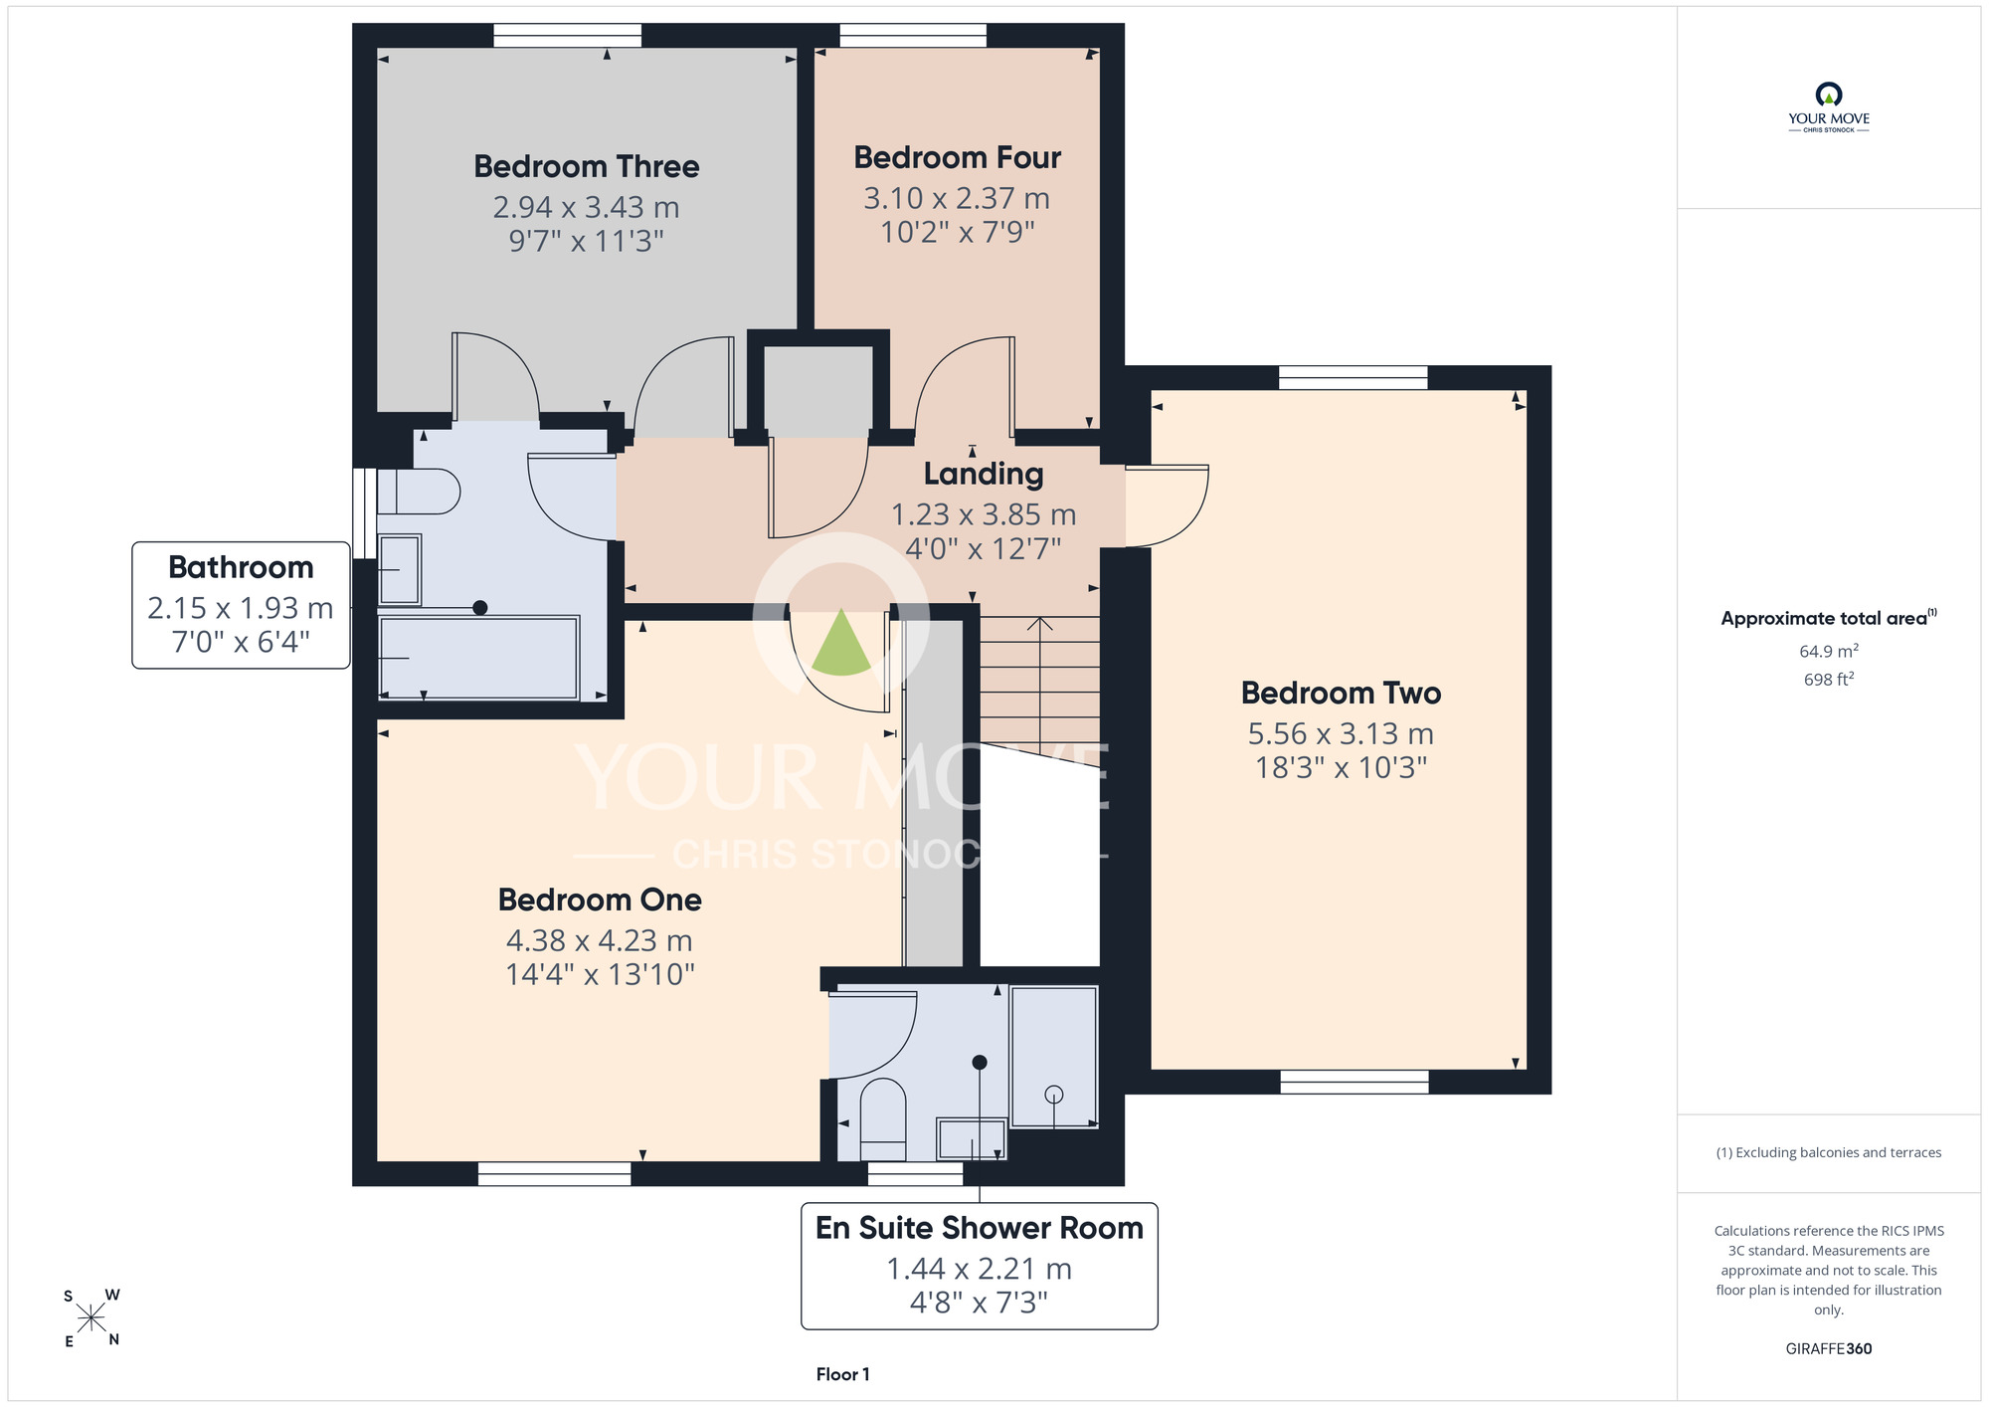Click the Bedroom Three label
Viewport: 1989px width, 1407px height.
586,166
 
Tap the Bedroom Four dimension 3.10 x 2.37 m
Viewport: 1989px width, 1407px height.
957,198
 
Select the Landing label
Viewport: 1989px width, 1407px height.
984,475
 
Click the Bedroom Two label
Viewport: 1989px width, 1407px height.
1341,693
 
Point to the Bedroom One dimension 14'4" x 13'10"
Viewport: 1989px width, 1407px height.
600,973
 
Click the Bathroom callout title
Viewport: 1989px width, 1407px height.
241,567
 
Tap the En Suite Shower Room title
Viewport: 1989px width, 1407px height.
980,1228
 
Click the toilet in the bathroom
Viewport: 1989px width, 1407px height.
418,492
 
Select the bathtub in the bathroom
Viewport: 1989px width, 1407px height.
478,658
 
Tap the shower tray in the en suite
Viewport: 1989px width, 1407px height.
1054,1057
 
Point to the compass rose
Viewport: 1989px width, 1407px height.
91,1318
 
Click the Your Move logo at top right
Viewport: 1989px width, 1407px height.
1829,107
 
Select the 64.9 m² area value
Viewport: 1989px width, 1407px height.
1829,651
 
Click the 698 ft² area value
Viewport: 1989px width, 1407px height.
1829,680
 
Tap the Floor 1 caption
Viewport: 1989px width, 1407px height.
842,1374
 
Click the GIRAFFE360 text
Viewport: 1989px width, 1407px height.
1829,1349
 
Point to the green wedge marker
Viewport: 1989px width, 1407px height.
841,643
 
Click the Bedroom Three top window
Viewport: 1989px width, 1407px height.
568,36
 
